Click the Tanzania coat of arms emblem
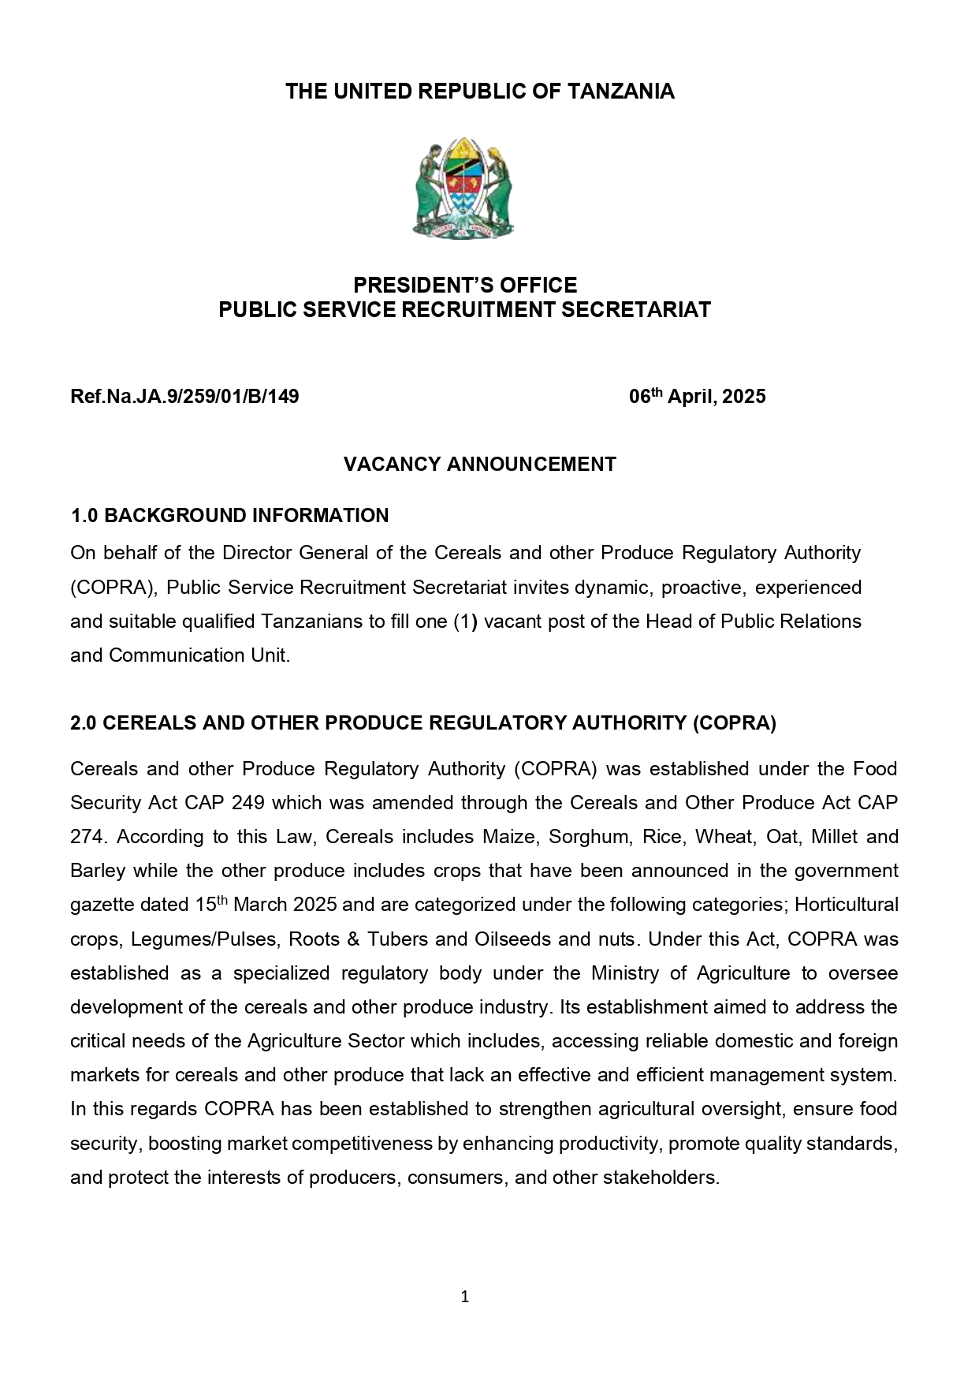coord(463,189)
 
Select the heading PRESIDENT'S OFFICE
coord(464,285)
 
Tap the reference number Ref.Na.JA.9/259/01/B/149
coord(184,396)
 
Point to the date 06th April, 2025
coord(697,396)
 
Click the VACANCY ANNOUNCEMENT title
coord(479,464)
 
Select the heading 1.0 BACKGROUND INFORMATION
coord(229,515)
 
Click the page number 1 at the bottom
coord(464,1296)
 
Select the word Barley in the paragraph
coord(97,870)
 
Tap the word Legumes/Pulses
coord(204,939)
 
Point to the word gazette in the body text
coord(101,904)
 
